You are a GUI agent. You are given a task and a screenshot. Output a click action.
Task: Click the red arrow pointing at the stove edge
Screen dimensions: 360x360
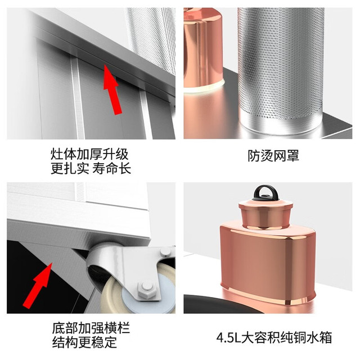coord(112,89)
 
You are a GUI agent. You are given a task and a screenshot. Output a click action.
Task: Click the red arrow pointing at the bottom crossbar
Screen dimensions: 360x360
coord(38,285)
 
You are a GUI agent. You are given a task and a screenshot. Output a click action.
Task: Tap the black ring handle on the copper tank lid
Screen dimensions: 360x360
coord(265,193)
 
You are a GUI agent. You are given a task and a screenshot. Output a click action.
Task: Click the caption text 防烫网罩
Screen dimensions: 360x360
coord(273,156)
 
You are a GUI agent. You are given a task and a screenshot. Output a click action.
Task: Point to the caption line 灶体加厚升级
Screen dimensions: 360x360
coord(89,154)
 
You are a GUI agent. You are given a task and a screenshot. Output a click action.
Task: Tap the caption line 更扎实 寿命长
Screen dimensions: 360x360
coord(91,169)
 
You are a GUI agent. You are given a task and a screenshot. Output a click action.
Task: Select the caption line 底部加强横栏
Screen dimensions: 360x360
coord(91,328)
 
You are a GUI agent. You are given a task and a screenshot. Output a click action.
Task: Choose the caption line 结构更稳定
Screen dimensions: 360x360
coord(84,343)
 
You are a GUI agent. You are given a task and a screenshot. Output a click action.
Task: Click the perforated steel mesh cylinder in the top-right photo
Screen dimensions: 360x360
coord(281,69)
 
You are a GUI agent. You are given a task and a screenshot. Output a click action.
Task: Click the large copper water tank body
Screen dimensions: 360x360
coord(268,264)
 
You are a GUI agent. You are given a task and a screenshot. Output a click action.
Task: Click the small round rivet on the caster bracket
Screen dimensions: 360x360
coord(165,251)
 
